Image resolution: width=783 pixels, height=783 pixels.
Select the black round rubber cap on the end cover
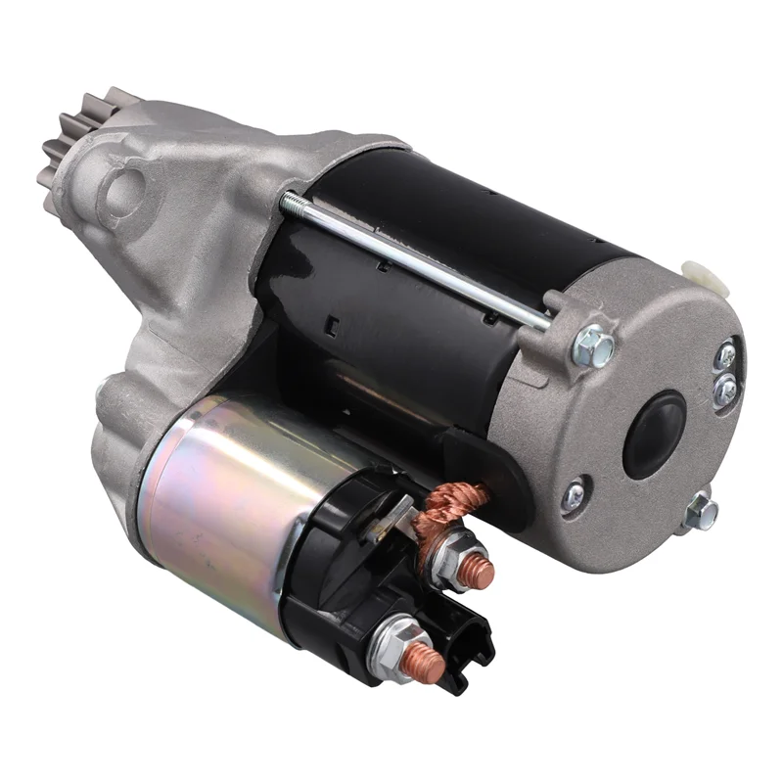(x=655, y=434)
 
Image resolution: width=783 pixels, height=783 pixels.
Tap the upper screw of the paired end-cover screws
(x=725, y=356)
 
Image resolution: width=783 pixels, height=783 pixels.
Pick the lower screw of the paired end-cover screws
(x=724, y=391)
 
